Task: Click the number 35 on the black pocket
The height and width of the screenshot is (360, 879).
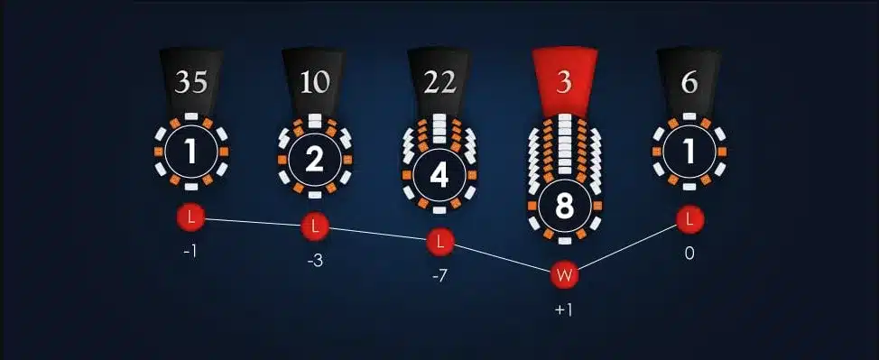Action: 191,82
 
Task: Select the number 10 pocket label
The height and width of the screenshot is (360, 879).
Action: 315,82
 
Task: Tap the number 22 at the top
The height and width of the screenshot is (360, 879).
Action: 439,82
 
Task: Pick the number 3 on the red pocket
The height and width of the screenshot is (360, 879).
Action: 564,82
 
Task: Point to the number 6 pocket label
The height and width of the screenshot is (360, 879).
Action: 689,82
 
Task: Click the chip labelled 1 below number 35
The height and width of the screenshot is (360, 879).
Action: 191,152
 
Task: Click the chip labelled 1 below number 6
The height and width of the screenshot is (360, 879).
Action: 689,152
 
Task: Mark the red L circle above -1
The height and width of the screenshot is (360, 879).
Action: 191,217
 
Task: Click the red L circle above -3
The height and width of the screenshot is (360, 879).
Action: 315,227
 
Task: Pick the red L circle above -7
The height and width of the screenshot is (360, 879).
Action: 439,242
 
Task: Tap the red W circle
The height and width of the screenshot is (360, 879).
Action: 564,275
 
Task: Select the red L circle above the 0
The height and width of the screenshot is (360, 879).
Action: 689,220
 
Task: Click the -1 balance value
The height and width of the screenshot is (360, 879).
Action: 190,253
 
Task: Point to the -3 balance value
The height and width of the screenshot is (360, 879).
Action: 315,262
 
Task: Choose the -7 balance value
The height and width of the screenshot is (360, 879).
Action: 439,276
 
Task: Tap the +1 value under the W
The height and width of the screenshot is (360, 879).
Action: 564,310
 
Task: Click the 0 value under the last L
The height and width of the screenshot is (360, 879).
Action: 689,254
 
